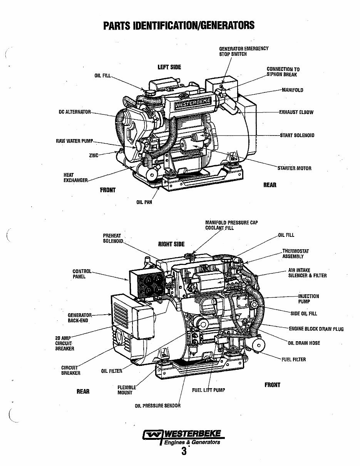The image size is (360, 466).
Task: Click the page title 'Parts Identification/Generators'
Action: click(x=179, y=25)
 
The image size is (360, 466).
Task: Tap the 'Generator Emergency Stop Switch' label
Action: click(x=243, y=51)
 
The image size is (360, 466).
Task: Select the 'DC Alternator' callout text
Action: click(x=74, y=112)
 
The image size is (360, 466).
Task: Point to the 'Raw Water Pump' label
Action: click(x=75, y=141)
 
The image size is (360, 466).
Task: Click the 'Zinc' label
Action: click(x=94, y=155)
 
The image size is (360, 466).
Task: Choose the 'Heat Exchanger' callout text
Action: click(x=75, y=178)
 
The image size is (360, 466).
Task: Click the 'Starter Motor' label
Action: click(x=294, y=168)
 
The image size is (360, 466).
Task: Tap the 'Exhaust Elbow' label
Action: click(x=296, y=112)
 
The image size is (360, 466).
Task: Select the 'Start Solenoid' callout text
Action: click(x=296, y=136)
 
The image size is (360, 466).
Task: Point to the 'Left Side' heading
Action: click(x=169, y=67)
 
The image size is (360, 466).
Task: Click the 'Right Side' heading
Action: click(x=171, y=244)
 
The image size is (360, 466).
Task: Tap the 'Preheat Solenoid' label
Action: click(x=112, y=238)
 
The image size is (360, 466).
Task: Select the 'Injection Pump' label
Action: click(x=308, y=299)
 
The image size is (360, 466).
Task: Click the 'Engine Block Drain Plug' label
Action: click(x=316, y=329)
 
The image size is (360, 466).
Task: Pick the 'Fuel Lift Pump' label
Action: click(x=208, y=390)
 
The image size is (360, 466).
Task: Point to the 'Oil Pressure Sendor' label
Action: click(x=157, y=406)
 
